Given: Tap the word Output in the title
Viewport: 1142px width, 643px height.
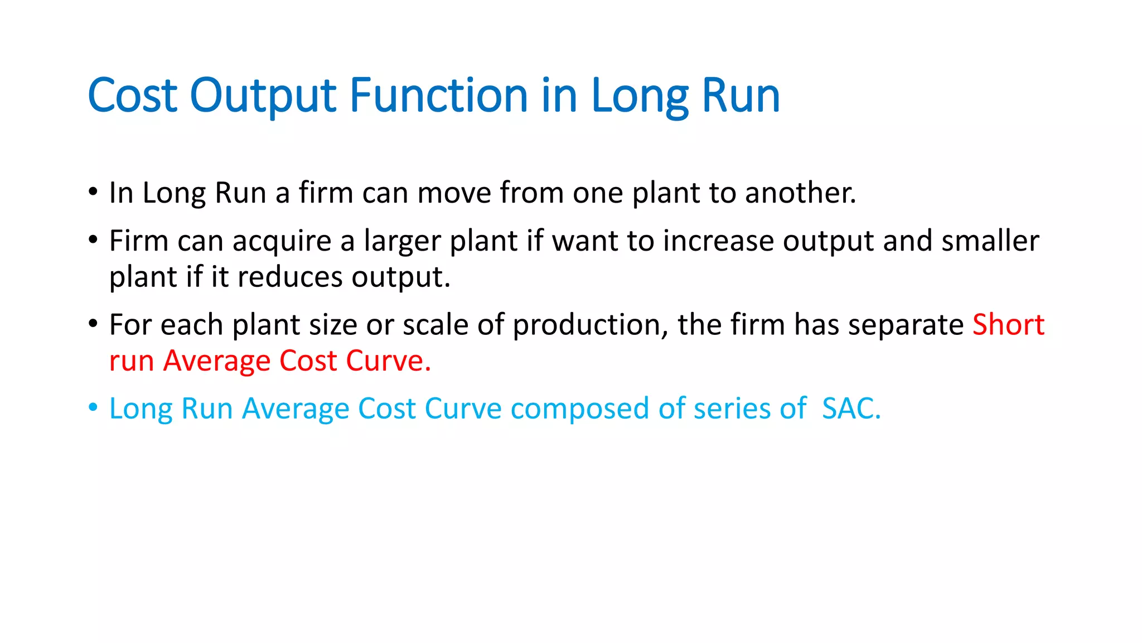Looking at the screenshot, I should pyautogui.click(x=263, y=95).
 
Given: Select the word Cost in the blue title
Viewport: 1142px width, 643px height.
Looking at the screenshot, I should pyautogui.click(x=133, y=95).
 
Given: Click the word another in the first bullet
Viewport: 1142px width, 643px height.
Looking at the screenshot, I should pyautogui.click(x=800, y=193).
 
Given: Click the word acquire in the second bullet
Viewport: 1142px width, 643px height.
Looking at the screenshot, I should pyautogui.click(x=282, y=242).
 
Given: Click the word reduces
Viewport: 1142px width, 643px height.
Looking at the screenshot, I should pyautogui.click(x=290, y=277).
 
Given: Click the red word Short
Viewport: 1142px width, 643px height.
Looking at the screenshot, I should pyautogui.click(x=1008, y=324).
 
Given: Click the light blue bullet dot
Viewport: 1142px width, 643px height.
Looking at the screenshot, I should pyautogui.click(x=93, y=407).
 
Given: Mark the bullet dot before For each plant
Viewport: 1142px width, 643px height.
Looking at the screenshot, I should pyautogui.click(x=93, y=324).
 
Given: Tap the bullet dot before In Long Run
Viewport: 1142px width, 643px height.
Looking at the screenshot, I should pyautogui.click(x=93, y=192).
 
